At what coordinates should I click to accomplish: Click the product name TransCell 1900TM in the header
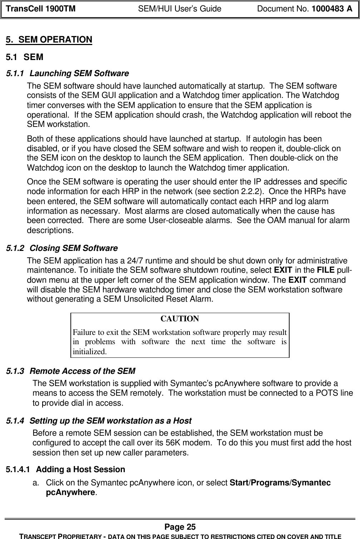[x=39, y=9]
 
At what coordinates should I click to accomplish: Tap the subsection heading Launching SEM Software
[x=79, y=74]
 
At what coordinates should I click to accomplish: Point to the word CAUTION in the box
[x=179, y=318]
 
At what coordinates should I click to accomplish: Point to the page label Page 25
[x=180, y=527]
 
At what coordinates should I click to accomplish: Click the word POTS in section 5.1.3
[x=331, y=394]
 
